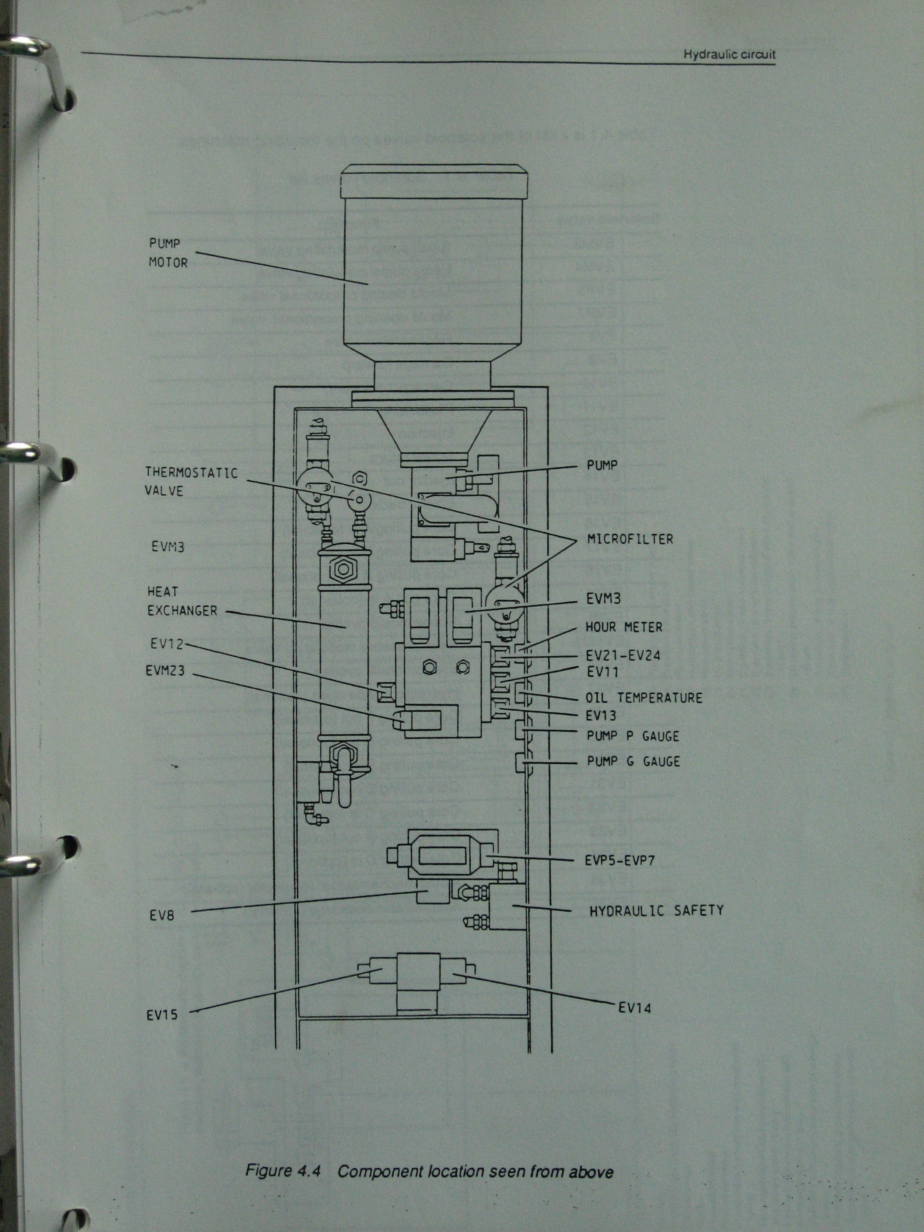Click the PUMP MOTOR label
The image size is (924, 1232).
[x=168, y=253]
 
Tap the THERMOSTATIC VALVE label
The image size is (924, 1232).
[x=191, y=482]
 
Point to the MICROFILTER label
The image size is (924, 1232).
[x=630, y=539]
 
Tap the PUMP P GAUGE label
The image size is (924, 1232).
[x=633, y=736]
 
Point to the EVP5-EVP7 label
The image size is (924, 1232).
[x=620, y=861]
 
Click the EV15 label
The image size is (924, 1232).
[x=163, y=1015]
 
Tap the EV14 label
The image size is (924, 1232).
[x=634, y=1007]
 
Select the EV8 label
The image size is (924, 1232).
[x=162, y=915]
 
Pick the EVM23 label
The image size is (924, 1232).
[x=165, y=671]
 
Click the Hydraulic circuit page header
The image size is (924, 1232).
[x=729, y=55]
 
